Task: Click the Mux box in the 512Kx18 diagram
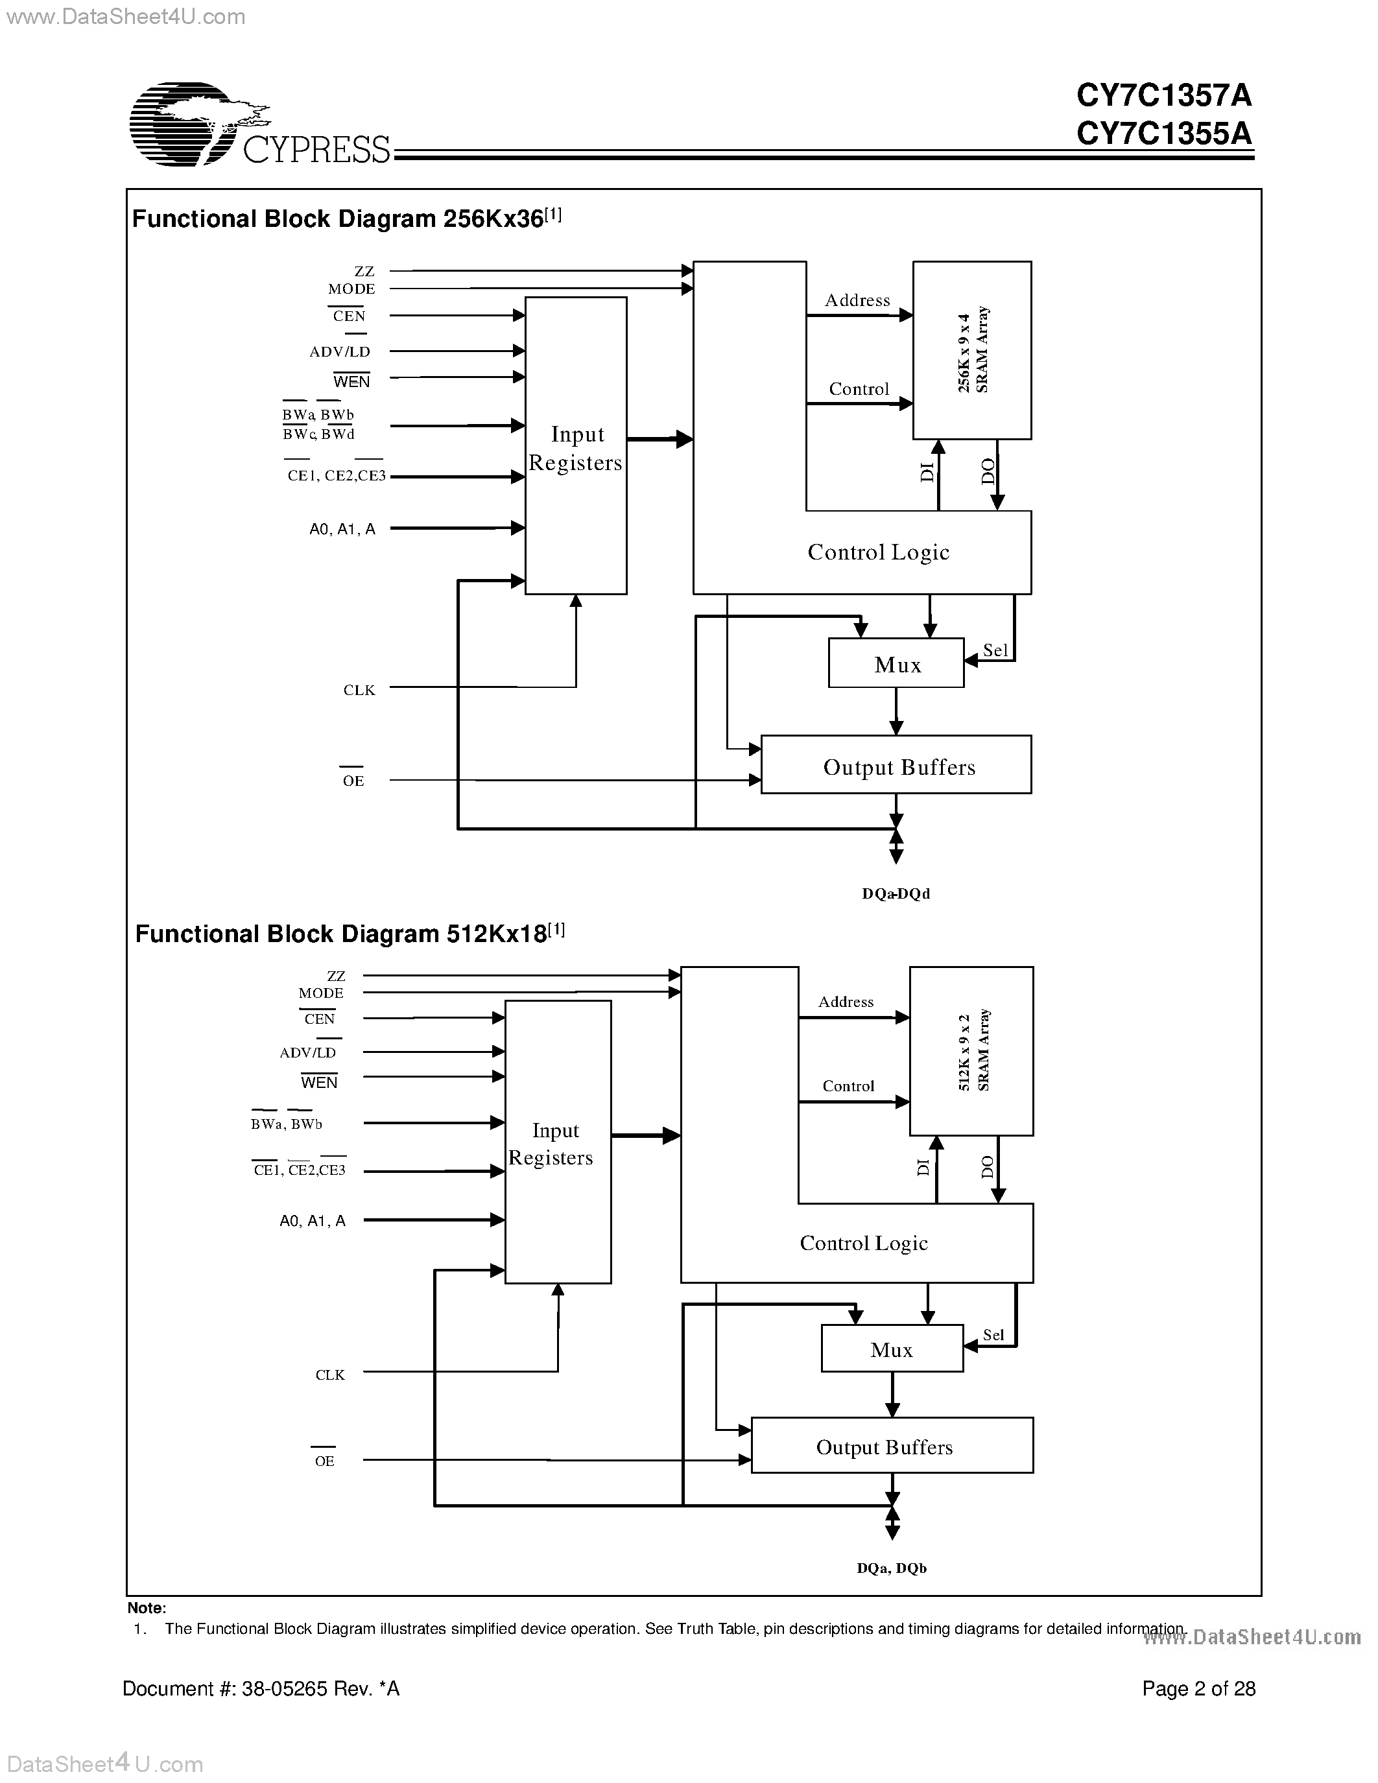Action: (x=892, y=1349)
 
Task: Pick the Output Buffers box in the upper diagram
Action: (x=896, y=765)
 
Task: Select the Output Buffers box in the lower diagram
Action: (x=892, y=1446)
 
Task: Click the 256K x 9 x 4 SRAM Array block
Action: (x=971, y=350)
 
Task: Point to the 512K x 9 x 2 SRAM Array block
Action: (x=971, y=1052)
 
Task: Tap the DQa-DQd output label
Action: (x=896, y=893)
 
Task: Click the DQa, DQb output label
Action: (x=892, y=1568)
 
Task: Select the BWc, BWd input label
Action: (x=318, y=434)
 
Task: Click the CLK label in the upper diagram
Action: (x=359, y=690)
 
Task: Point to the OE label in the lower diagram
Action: (x=324, y=1461)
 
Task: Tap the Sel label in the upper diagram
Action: (x=995, y=650)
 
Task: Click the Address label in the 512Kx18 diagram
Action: (x=846, y=1002)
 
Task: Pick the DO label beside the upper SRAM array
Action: (x=988, y=472)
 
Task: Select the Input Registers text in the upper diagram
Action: (x=576, y=448)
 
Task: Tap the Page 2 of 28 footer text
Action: (x=1198, y=1688)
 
